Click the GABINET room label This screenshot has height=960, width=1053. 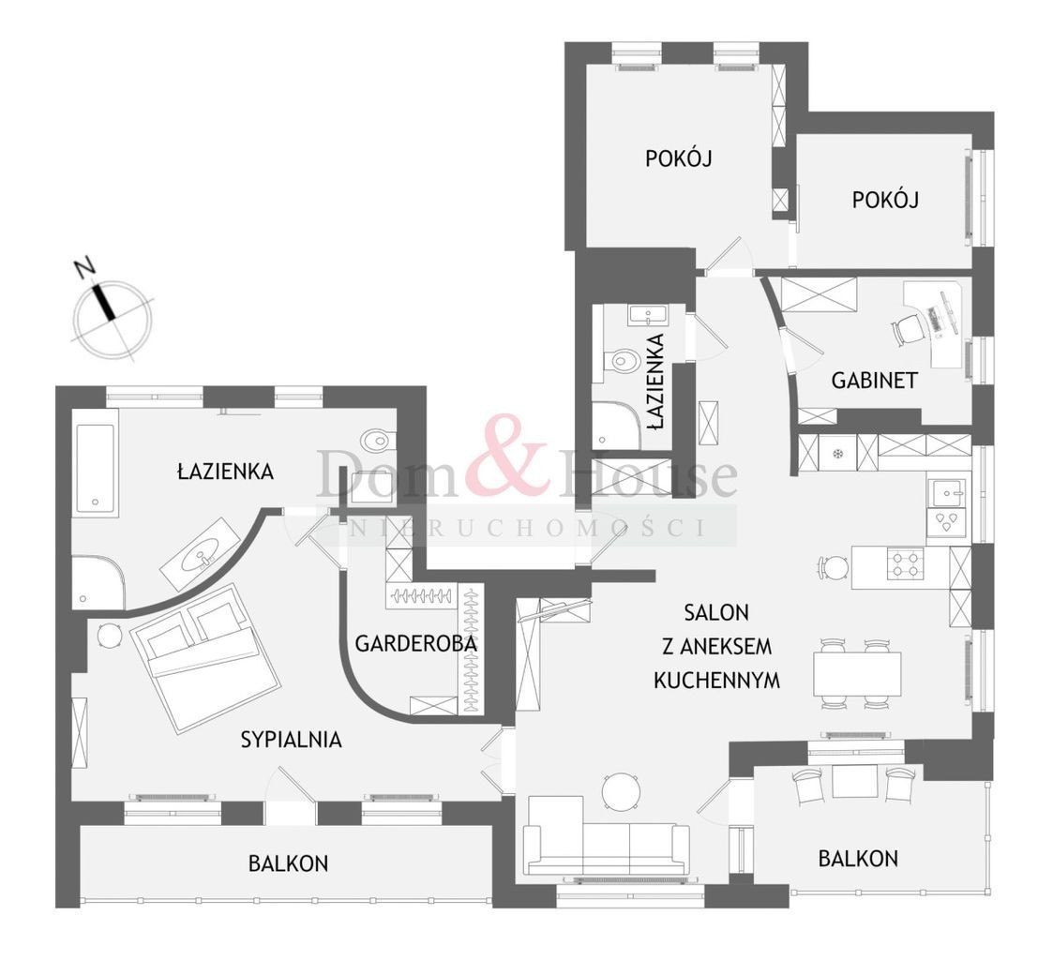pyautogui.click(x=874, y=381)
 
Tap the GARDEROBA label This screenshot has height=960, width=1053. pyautogui.click(x=415, y=644)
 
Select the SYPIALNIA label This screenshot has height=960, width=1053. pyautogui.click(x=291, y=740)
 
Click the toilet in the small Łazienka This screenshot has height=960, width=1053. pyautogui.click(x=624, y=361)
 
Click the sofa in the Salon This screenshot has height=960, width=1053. pyautogui.click(x=606, y=836)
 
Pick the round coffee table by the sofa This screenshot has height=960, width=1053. pyautogui.click(x=620, y=792)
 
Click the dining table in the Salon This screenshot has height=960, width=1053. pyautogui.click(x=857, y=674)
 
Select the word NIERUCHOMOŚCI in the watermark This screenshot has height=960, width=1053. pyautogui.click(x=527, y=529)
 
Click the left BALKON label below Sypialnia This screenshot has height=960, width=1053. pyautogui.click(x=288, y=862)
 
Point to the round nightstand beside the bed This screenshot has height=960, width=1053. pyautogui.click(x=109, y=635)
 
